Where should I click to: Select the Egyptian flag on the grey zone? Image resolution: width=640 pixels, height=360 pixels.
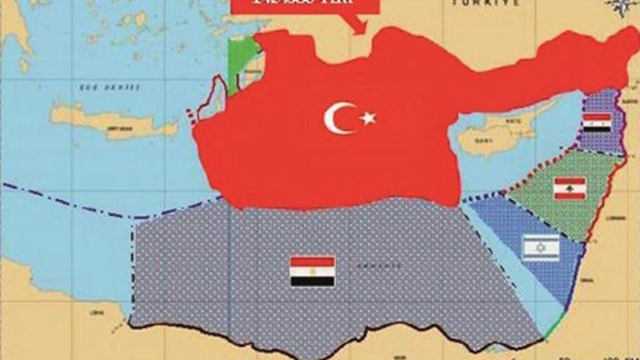312,272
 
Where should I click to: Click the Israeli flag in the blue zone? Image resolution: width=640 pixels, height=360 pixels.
540,247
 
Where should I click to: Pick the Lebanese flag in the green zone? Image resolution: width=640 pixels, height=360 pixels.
570,188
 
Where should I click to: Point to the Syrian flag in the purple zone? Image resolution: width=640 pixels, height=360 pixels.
597,123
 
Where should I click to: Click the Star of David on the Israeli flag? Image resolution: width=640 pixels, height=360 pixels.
540,247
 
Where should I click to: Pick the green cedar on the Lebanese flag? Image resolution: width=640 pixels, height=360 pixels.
570,188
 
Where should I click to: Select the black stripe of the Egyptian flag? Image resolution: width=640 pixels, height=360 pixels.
312,282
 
